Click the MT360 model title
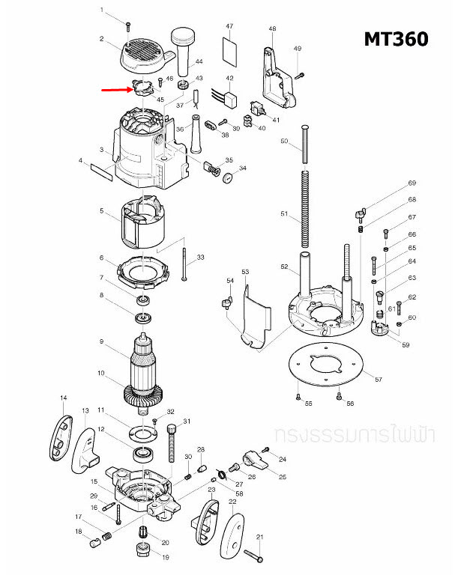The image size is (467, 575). [x=396, y=39]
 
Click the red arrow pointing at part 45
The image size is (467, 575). [x=116, y=88]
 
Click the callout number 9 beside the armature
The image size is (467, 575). [x=101, y=342]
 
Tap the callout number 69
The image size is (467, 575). [x=412, y=183]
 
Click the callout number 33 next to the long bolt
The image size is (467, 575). [x=200, y=258]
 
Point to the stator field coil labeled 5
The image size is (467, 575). [x=143, y=223]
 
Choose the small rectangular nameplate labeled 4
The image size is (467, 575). [x=101, y=170]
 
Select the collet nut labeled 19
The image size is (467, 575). [x=142, y=551]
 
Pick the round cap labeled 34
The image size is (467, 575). [x=223, y=177]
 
